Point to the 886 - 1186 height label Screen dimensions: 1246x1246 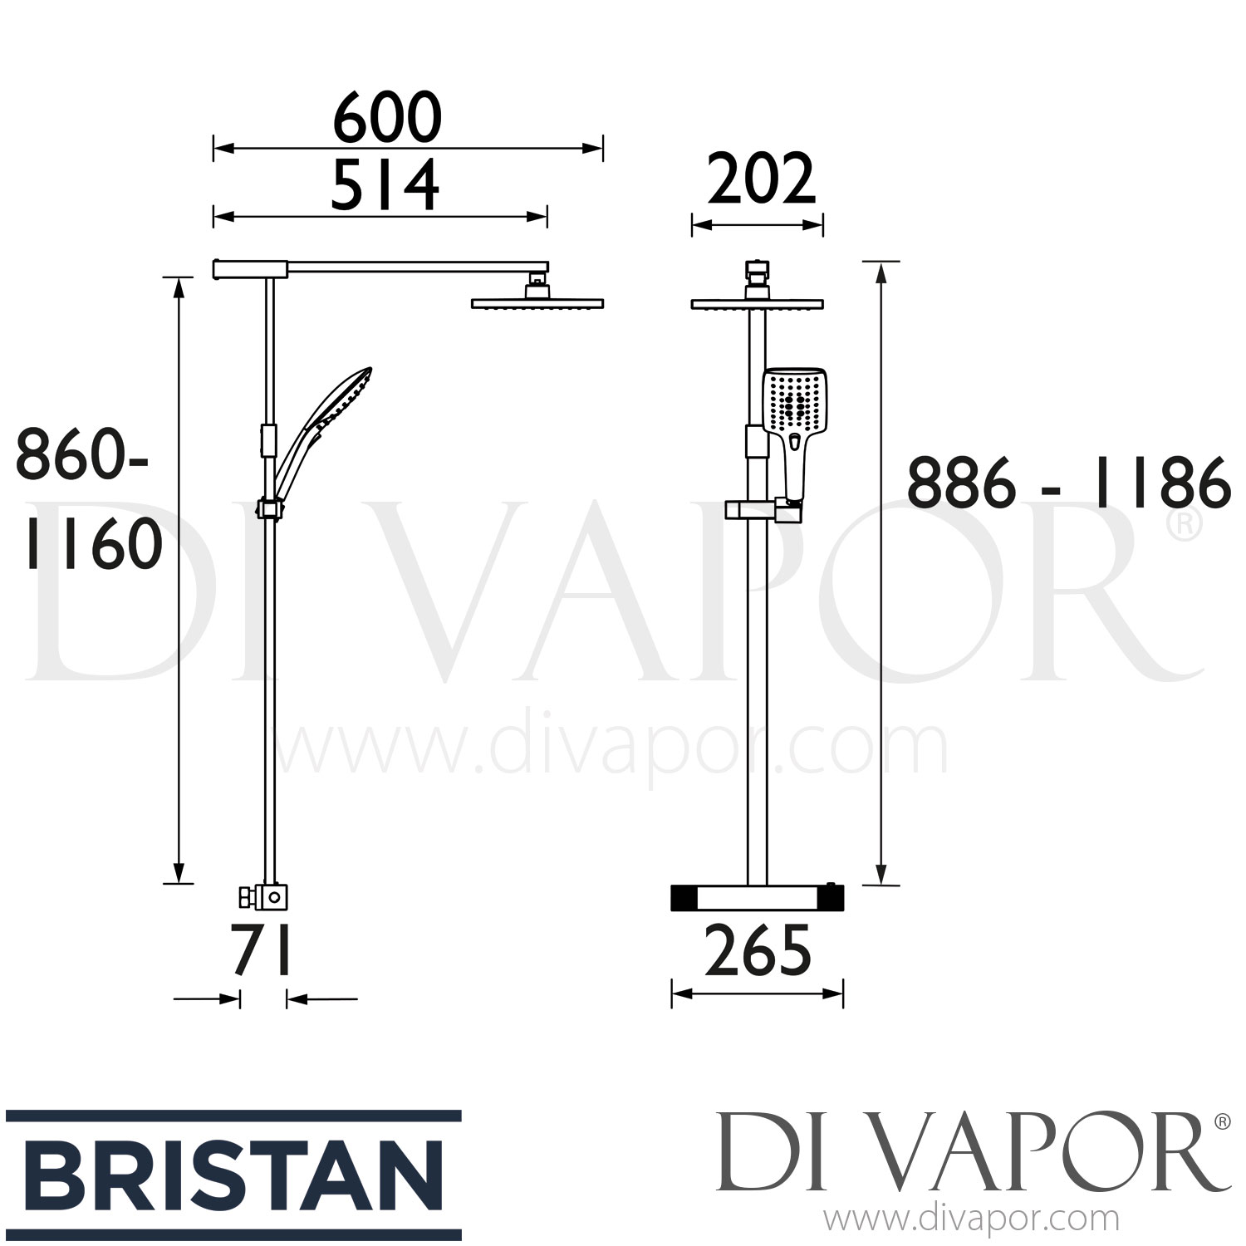[x=1068, y=483]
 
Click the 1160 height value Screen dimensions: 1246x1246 [x=93, y=545]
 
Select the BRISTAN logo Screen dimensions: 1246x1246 [x=233, y=1175]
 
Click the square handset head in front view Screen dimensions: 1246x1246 [x=795, y=399]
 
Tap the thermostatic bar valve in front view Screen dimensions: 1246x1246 [x=757, y=897]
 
